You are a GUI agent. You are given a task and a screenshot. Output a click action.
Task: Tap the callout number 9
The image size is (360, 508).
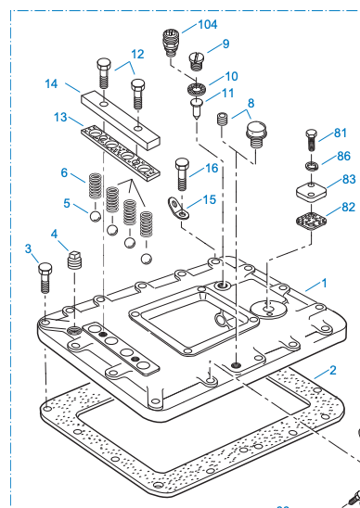pos(225,44)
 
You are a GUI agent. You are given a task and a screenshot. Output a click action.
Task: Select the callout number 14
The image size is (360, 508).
pos(52,84)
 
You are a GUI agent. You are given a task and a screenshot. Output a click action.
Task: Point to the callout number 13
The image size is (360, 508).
pos(62,118)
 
